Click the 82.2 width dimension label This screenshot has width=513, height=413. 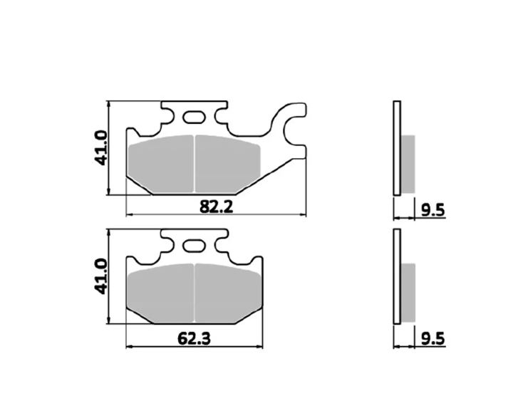[217, 206]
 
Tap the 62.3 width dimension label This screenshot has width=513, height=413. [194, 338]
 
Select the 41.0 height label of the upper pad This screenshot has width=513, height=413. [100, 148]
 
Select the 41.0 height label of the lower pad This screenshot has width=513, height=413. [100, 276]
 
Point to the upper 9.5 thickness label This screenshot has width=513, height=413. [433, 210]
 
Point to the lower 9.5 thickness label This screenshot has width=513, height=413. [433, 339]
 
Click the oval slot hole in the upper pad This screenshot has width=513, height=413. [194, 117]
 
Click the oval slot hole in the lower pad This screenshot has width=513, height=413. [194, 246]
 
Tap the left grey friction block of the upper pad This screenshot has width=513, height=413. [160, 164]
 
